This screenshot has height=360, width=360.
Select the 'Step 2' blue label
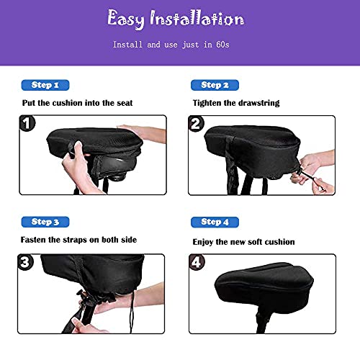pyautogui.click(x=215, y=84)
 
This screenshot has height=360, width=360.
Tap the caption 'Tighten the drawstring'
pyautogui.click(x=235, y=103)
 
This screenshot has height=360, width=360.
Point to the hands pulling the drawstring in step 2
pyautogui.click(x=317, y=176)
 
